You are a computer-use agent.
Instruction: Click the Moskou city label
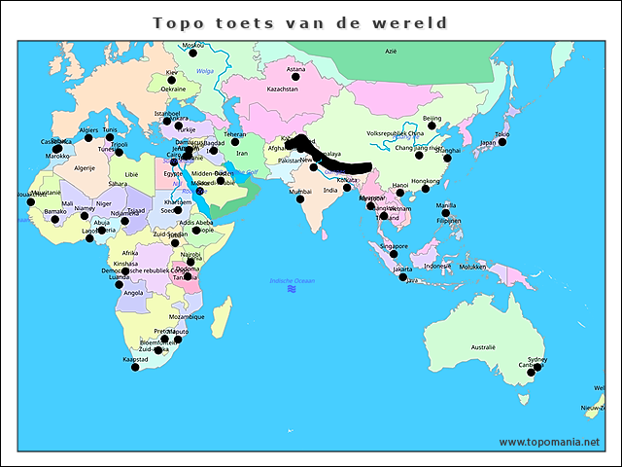coord(193,46)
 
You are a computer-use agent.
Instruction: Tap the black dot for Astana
coord(295,76)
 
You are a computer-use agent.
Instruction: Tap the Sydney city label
coord(536,359)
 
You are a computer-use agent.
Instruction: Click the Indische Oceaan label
coord(293,280)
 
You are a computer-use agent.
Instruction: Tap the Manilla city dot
coord(447,213)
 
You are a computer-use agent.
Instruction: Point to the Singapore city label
coord(394,246)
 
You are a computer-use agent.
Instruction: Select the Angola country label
coord(134,292)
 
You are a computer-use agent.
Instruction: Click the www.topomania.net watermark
coord(549,442)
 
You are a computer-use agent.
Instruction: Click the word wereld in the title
coord(419,22)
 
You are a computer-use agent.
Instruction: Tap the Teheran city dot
coord(234,142)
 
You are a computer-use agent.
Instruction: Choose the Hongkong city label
coord(425,180)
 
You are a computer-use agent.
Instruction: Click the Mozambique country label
coord(187,316)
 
